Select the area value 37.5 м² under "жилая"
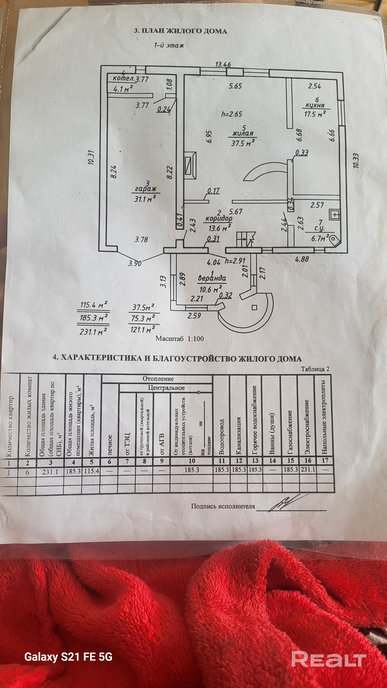point(242,143)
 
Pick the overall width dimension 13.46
point(223,64)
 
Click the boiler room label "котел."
point(123,79)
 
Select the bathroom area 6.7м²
point(320,239)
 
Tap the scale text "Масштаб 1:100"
point(180,339)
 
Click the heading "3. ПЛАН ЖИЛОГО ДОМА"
point(180,31)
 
